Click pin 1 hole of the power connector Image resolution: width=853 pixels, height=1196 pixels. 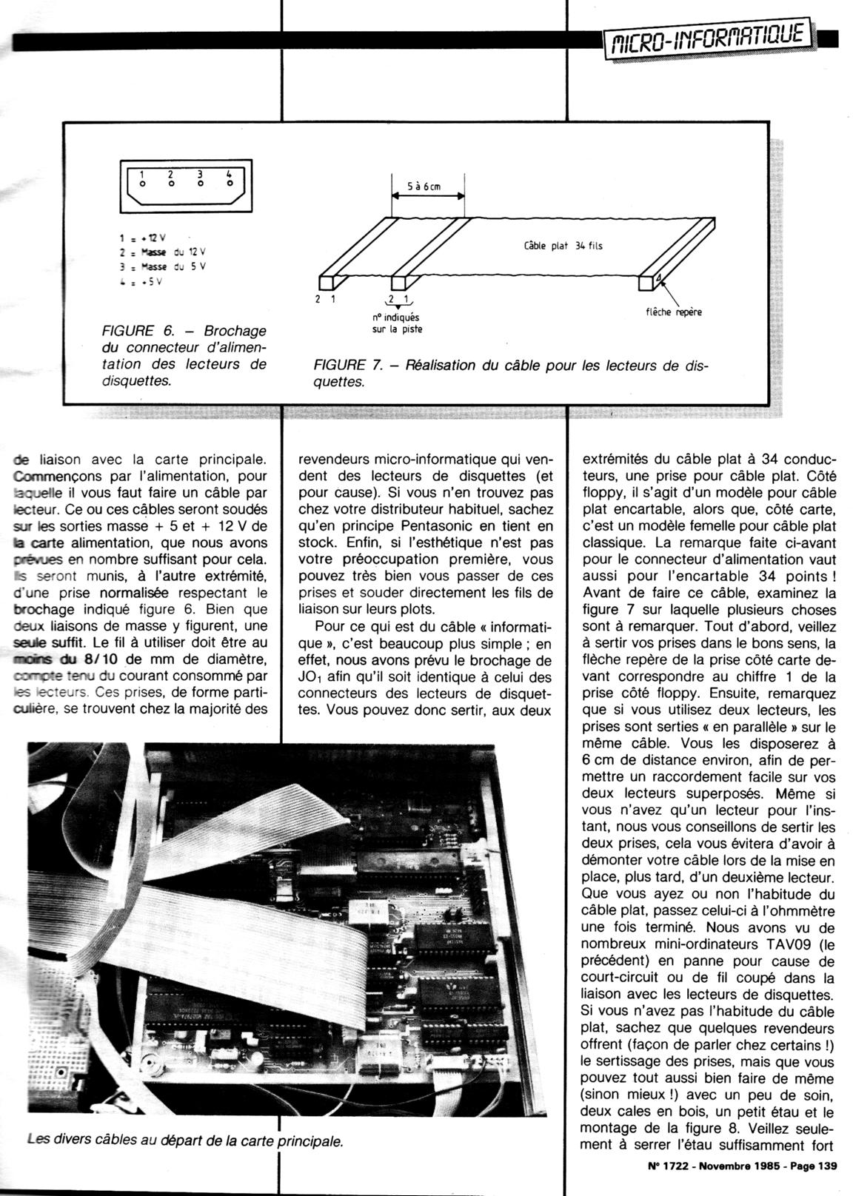[x=142, y=182]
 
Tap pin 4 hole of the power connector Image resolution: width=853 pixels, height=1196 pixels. [x=230, y=182]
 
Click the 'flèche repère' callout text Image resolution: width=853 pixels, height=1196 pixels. [x=674, y=312]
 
